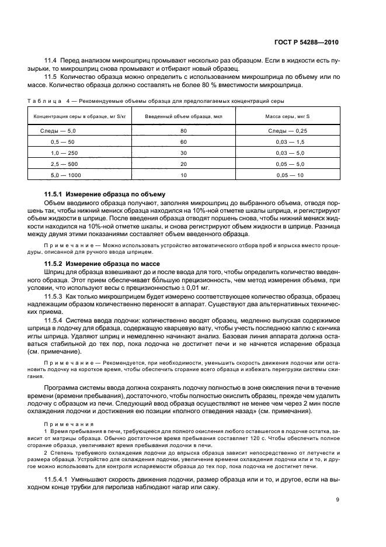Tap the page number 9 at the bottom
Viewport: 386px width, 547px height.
click(338, 499)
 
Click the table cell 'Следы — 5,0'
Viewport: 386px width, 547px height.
click(62, 131)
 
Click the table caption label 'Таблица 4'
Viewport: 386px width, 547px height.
click(49, 101)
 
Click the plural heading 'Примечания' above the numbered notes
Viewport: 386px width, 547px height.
click(61, 423)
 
